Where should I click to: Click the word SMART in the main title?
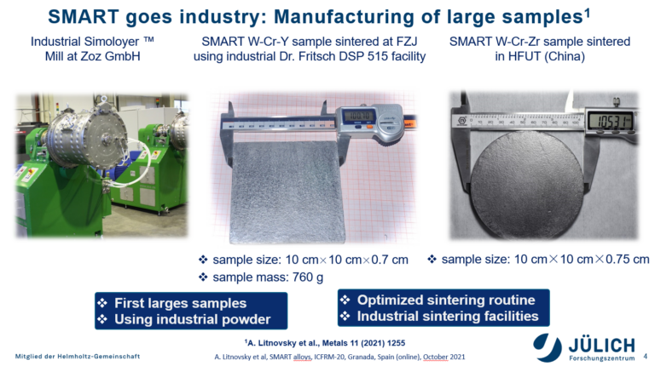(84, 17)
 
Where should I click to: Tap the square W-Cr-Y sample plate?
(287, 192)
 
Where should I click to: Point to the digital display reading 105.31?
(610, 122)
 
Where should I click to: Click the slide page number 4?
(645, 357)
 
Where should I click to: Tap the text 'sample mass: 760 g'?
(268, 277)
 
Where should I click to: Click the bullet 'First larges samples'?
(180, 303)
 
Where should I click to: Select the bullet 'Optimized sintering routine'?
(446, 300)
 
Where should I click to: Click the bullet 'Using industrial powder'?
(192, 319)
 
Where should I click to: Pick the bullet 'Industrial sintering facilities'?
(448, 316)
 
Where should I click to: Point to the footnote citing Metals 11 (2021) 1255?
(325, 343)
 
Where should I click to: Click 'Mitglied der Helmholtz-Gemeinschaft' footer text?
(78, 357)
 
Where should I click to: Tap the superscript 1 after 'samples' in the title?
(587, 13)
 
